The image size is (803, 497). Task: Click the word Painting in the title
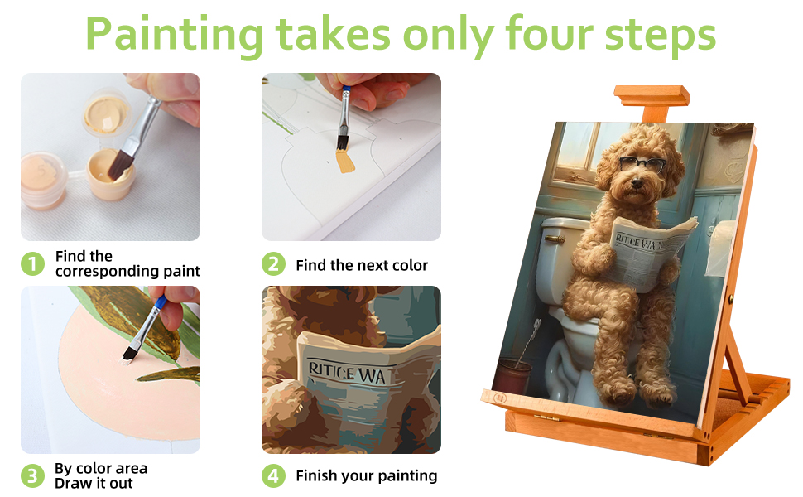(x=174, y=35)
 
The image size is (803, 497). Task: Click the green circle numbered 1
(x=32, y=264)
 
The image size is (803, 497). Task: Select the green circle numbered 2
(x=273, y=264)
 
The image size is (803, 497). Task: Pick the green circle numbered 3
(x=32, y=475)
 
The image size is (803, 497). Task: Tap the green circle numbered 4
(x=273, y=475)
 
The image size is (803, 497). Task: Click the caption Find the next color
(x=362, y=265)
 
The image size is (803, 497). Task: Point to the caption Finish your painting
(x=366, y=475)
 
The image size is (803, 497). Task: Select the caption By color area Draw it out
(x=101, y=475)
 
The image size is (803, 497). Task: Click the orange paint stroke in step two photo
(x=344, y=160)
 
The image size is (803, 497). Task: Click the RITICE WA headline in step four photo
(x=347, y=374)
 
